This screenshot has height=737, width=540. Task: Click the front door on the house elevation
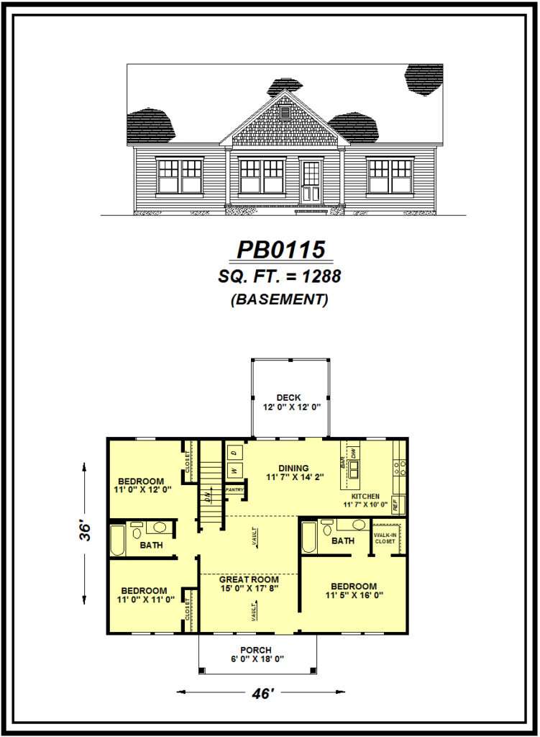tap(311, 181)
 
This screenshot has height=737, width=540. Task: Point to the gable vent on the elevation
tap(285, 112)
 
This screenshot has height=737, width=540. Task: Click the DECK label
tap(288, 398)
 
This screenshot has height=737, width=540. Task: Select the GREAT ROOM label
tap(249, 579)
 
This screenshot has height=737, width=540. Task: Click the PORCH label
tap(256, 651)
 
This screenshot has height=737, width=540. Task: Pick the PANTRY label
tap(235, 490)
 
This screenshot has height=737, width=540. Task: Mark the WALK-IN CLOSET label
tap(385, 538)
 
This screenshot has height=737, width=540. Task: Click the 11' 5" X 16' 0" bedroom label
tap(354, 591)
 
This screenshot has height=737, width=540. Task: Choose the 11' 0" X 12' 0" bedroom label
tap(141, 486)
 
